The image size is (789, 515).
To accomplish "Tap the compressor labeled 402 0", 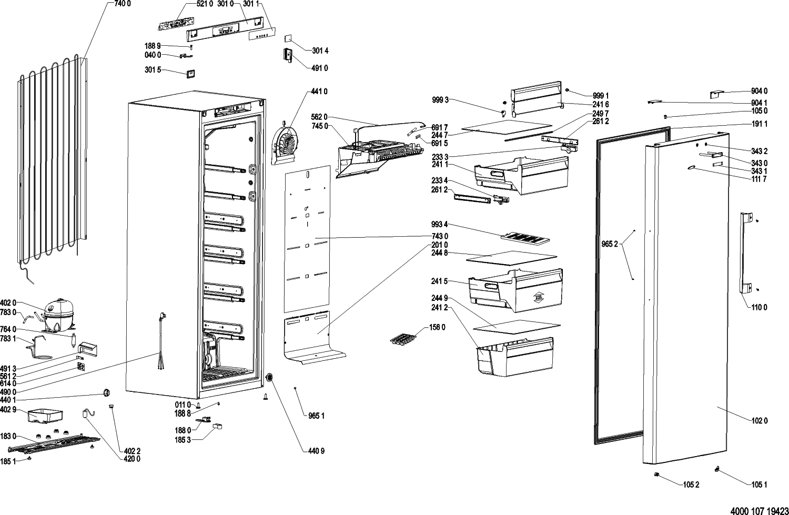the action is [58, 314].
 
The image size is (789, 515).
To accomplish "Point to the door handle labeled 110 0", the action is [746, 253].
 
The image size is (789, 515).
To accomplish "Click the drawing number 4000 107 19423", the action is [760, 511].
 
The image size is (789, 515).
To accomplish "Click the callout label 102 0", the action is [759, 421].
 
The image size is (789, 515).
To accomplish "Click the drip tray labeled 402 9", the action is [45, 416].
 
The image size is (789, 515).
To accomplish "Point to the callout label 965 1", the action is [316, 416].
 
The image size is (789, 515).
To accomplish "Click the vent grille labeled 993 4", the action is [524, 238].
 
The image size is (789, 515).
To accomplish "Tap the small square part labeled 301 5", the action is [190, 74].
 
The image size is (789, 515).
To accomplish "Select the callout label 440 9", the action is [316, 450].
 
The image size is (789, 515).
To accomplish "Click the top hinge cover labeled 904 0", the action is [716, 94].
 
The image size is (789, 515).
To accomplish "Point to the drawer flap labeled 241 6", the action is [536, 98].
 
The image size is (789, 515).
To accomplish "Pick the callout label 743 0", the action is [439, 236].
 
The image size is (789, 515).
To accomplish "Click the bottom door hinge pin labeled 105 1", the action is [717, 469].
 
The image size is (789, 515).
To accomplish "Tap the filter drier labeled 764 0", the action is [74, 340].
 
